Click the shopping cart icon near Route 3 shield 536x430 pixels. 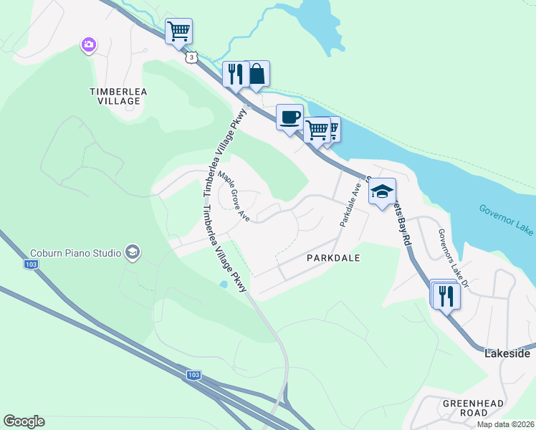coord(178,31)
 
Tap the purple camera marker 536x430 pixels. coord(89,45)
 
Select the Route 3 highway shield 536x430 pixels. coord(191,57)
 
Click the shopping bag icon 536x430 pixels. coord(257,73)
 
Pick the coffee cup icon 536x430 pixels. coord(289,117)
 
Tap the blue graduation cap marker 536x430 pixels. coord(383,191)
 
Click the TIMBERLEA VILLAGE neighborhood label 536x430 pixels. coord(115,96)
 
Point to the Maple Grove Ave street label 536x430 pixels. coord(234,196)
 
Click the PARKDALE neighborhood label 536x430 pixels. coord(332,257)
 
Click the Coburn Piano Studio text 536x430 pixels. coord(75,253)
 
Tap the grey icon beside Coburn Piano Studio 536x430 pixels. coord(132,252)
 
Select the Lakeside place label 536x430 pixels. coord(507,354)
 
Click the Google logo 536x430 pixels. coord(24,421)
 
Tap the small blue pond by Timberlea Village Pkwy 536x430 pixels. coord(225,284)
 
